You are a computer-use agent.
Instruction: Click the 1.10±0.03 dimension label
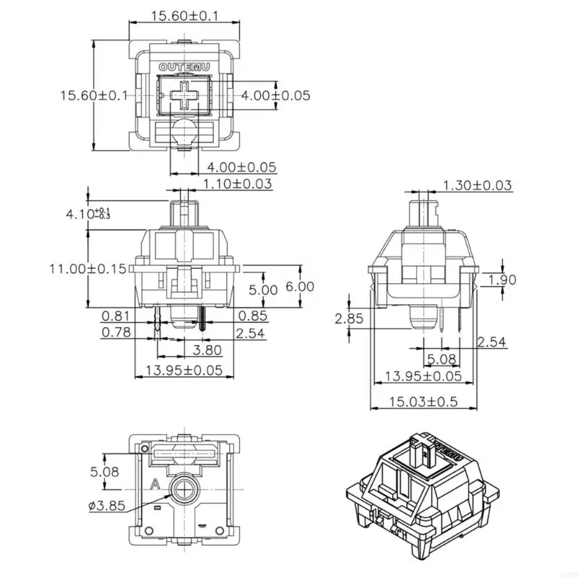pos(238,184)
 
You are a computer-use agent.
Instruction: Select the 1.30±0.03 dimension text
pos(478,186)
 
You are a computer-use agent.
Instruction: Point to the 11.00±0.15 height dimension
pos(87,269)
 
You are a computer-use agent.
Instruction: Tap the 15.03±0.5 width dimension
pos(423,402)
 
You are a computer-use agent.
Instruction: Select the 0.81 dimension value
pos(116,315)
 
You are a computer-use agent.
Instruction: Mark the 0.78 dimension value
pos(116,332)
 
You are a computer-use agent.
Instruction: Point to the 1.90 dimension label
pos(502,280)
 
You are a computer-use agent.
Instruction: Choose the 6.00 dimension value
pos(300,287)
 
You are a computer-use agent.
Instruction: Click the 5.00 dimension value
pos(263,290)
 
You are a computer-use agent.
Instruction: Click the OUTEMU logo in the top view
pos(184,67)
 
